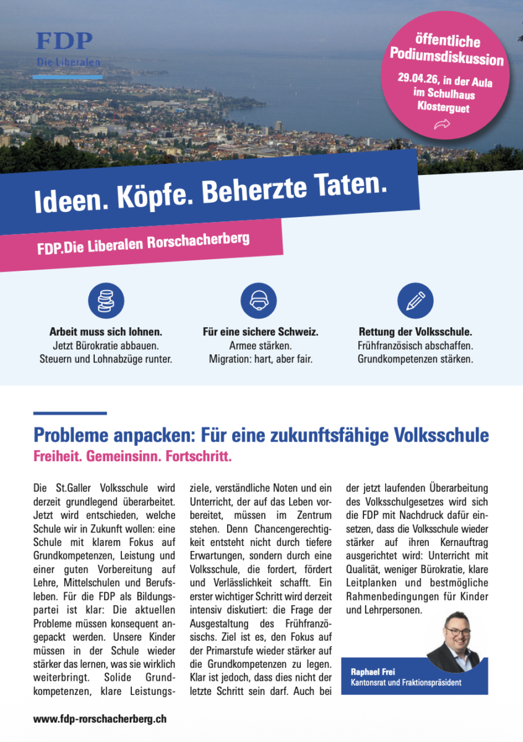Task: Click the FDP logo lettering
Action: pyautogui.click(x=64, y=41)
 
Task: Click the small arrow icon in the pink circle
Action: pyautogui.click(x=442, y=125)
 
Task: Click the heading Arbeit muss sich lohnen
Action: pyautogui.click(x=106, y=332)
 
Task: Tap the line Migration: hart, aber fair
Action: pyautogui.click(x=260, y=359)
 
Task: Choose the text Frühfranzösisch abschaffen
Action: pyautogui.click(x=415, y=346)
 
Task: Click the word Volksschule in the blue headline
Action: pyautogui.click(x=441, y=435)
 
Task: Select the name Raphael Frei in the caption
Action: pyautogui.click(x=374, y=672)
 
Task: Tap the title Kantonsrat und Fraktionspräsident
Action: pyautogui.click(x=405, y=683)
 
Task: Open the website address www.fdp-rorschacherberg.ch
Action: pyautogui.click(x=100, y=719)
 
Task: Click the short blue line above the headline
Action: pyautogui.click(x=69, y=413)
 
